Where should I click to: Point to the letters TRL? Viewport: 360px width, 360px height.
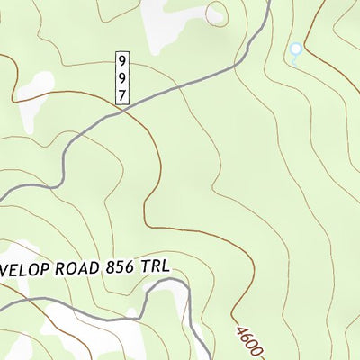pos(154,265)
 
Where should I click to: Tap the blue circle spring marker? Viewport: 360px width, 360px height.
pos(294,49)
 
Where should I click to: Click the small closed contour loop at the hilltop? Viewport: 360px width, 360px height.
pos(216,13)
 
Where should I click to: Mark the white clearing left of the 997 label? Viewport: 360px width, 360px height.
pos(36,85)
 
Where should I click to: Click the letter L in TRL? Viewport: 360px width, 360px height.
pos(165,265)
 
